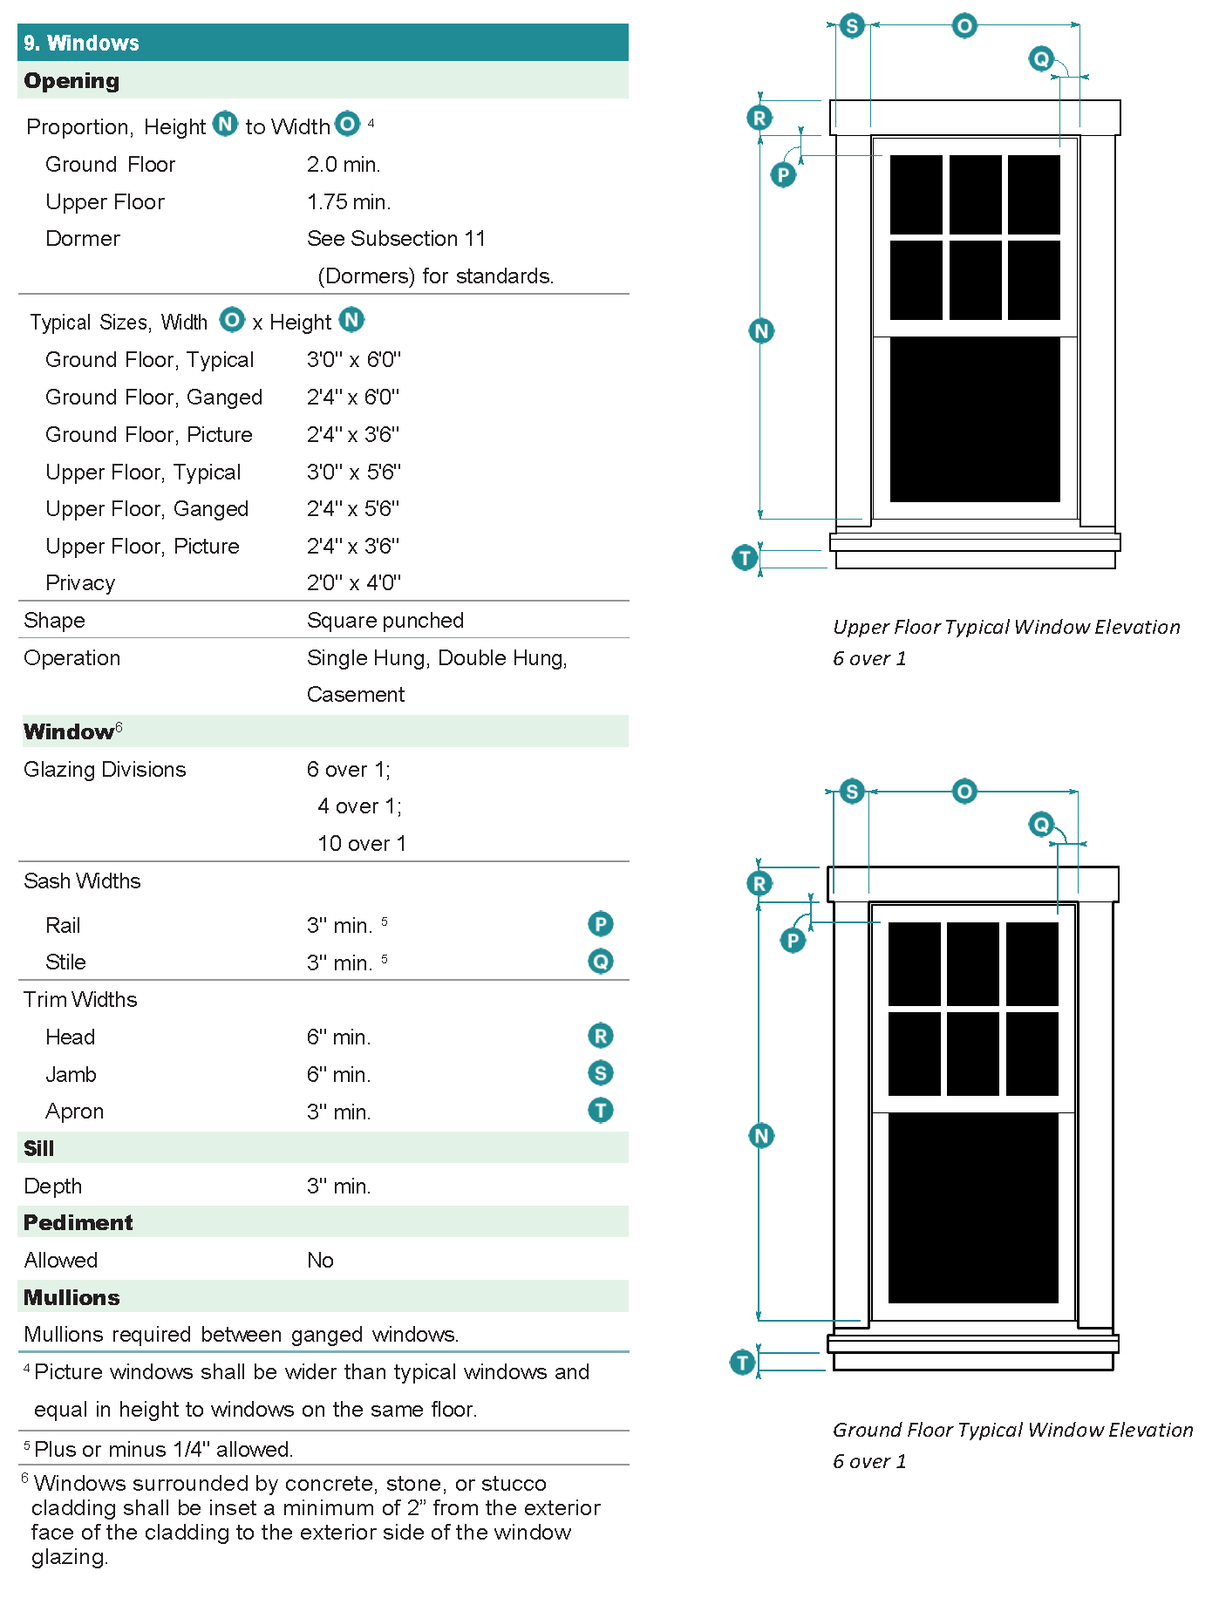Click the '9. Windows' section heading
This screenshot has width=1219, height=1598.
[x=82, y=43]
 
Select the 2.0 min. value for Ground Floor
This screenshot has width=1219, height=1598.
[x=344, y=165]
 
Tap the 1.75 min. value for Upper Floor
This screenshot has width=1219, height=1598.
[x=349, y=202]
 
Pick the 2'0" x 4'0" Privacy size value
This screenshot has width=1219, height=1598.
[x=353, y=583]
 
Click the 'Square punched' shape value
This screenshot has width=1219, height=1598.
[x=385, y=621]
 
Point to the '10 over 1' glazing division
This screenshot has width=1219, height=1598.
[x=361, y=844]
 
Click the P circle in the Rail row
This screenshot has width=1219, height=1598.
[x=601, y=924]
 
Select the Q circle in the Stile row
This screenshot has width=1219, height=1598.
[x=601, y=962]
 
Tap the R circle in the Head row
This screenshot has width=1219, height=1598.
[x=601, y=1036]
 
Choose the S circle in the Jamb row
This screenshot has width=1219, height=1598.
[x=601, y=1073]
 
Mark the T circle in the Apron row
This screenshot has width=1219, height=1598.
[x=601, y=1111]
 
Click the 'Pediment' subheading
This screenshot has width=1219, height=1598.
[x=78, y=1223]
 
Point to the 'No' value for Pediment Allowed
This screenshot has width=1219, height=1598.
[x=320, y=1261]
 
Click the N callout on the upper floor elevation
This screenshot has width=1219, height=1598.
[x=761, y=331]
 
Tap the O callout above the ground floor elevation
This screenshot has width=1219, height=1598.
[x=964, y=792]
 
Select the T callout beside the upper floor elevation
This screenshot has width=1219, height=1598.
[x=745, y=557]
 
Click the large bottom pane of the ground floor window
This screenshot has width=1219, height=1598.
[x=973, y=1207]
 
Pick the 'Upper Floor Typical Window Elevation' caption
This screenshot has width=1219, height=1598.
[x=1006, y=628]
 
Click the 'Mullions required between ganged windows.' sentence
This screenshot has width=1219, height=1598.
[x=241, y=1335]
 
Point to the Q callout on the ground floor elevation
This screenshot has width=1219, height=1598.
[x=1041, y=824]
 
